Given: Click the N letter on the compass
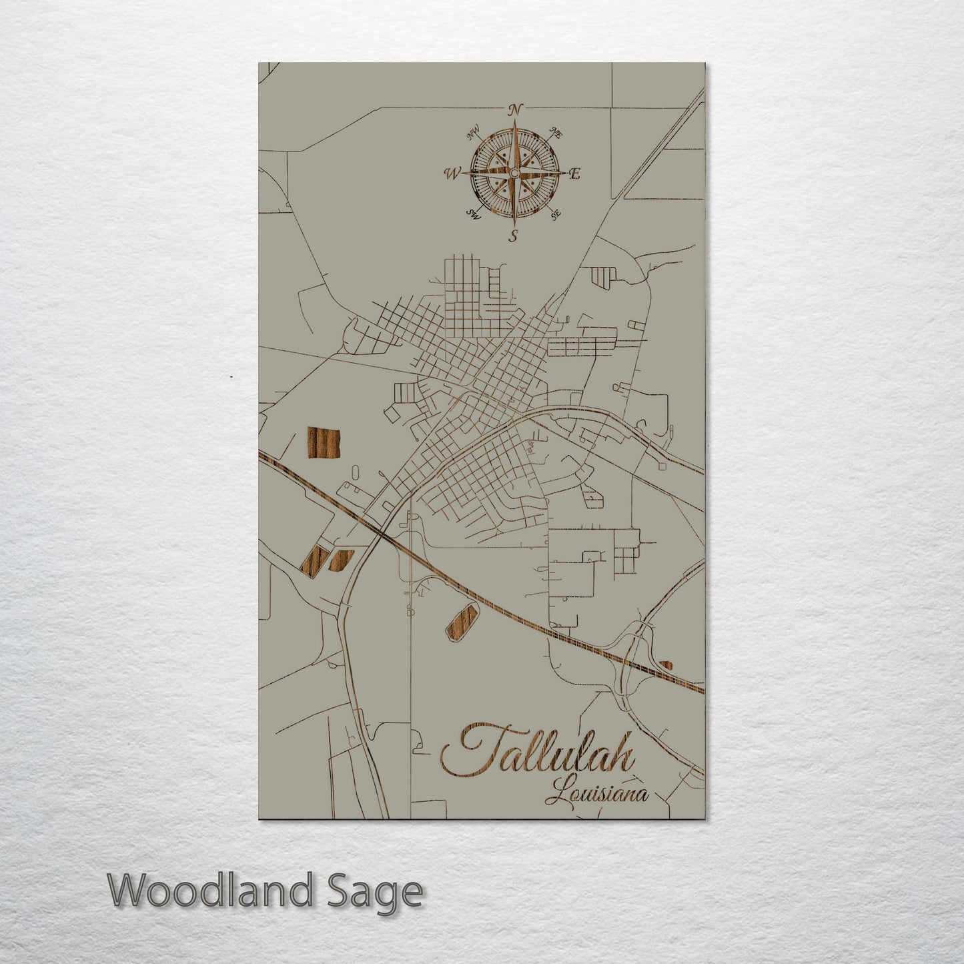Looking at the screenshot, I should click(514, 109).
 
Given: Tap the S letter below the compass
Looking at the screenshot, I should click(514, 235).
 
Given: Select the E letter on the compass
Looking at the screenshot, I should click(576, 174).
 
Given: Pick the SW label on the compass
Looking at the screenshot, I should click(474, 214).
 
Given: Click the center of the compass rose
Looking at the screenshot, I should click(514, 173).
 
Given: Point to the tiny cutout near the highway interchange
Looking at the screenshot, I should click(666, 664).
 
